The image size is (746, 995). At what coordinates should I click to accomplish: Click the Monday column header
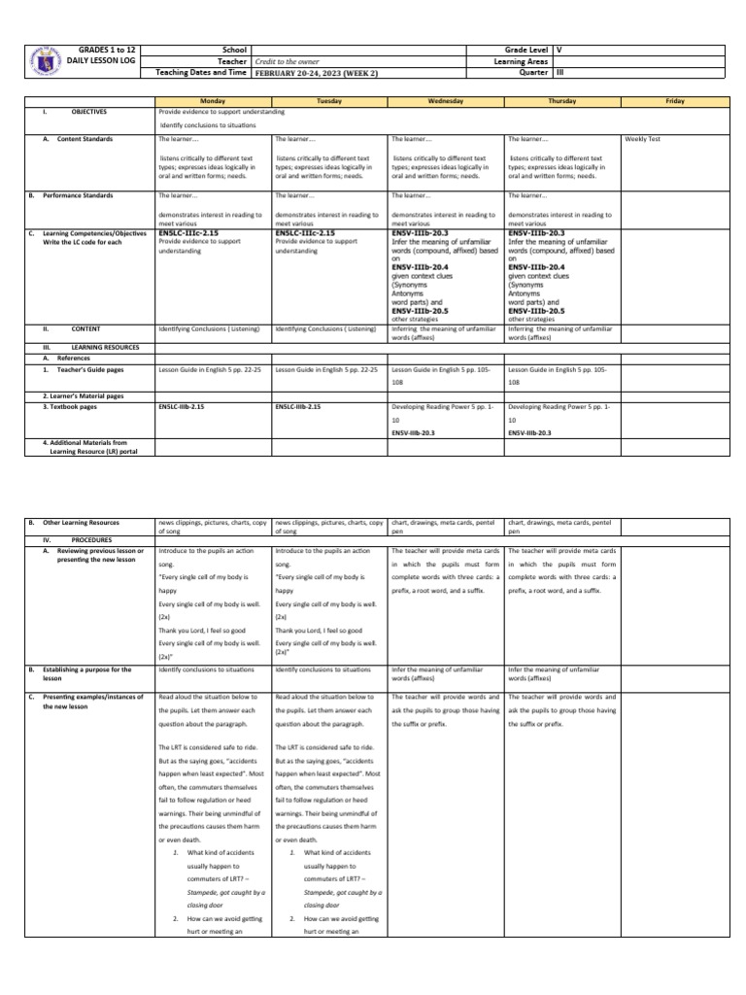[x=213, y=101]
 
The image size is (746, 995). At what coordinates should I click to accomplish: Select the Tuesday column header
[x=329, y=101]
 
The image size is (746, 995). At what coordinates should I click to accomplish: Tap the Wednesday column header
[x=446, y=101]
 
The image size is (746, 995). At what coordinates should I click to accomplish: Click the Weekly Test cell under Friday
[x=643, y=140]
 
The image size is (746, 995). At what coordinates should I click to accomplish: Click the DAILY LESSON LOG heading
[x=108, y=59]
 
